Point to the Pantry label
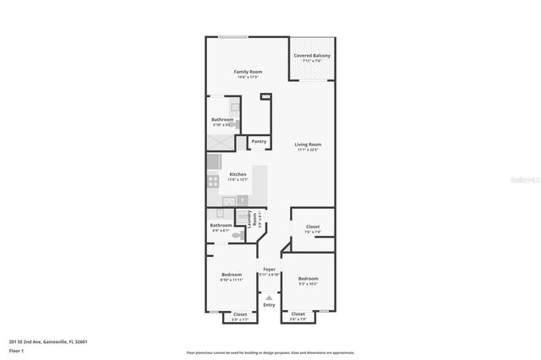point(258,141)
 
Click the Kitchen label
point(238,176)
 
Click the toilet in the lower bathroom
point(239,237)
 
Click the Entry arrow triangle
point(269,297)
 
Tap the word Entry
point(269,305)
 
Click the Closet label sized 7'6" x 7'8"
point(312,228)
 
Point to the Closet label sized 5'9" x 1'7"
point(240,316)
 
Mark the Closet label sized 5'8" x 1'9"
point(298,315)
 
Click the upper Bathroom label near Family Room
point(222,121)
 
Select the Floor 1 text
point(16,350)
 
